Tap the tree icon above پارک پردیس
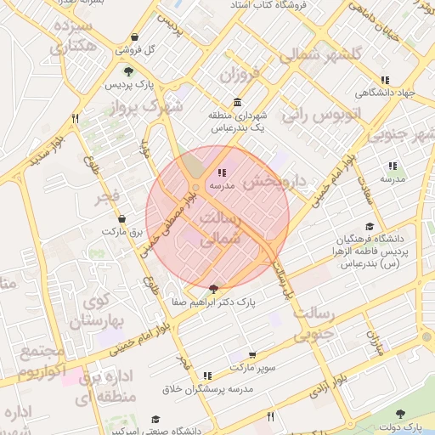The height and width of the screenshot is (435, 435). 127,71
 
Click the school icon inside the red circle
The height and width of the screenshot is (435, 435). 222,172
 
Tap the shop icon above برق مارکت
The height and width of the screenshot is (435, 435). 121,217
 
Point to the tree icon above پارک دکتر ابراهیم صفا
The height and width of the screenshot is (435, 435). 212,289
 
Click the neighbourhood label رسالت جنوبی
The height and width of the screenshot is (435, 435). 314,325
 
